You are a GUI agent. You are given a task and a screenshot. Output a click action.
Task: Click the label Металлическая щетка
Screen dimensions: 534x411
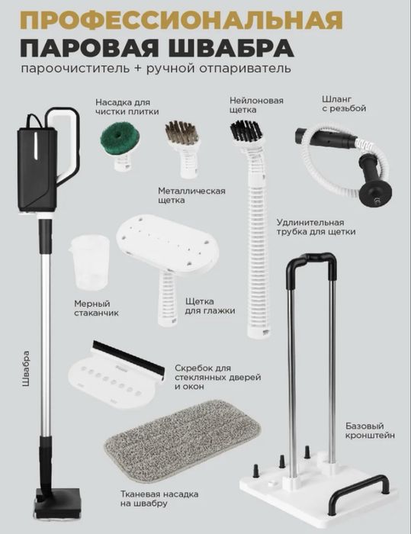tap(191, 196)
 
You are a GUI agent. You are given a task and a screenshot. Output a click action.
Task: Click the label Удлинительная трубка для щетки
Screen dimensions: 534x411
tap(316, 227)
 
